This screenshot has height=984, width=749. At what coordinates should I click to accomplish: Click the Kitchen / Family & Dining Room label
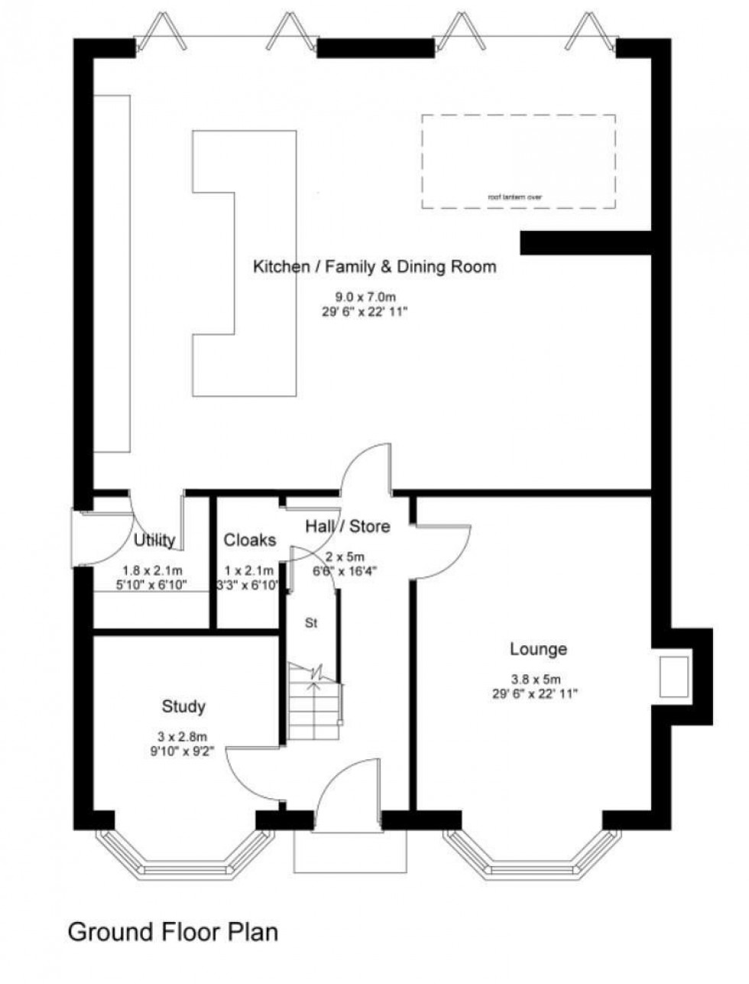pyautogui.click(x=374, y=267)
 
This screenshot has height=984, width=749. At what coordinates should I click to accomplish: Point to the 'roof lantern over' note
pyautogui.click(x=517, y=196)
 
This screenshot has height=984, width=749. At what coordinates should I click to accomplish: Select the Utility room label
pyautogui.click(x=154, y=541)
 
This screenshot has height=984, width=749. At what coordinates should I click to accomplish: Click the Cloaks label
pyautogui.click(x=249, y=541)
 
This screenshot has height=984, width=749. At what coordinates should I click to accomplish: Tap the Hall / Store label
pyautogui.click(x=347, y=526)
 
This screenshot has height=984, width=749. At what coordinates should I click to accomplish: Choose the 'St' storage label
pyautogui.click(x=311, y=623)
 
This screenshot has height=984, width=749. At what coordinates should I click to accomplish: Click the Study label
pyautogui.click(x=183, y=706)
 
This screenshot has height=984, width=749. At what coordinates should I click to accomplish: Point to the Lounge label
pyautogui.click(x=538, y=649)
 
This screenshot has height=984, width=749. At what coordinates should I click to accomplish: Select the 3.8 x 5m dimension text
pyautogui.click(x=536, y=678)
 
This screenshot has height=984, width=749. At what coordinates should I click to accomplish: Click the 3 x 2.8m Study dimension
pyautogui.click(x=183, y=736)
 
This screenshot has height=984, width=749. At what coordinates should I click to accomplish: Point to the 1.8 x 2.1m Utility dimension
pyautogui.click(x=151, y=570)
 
